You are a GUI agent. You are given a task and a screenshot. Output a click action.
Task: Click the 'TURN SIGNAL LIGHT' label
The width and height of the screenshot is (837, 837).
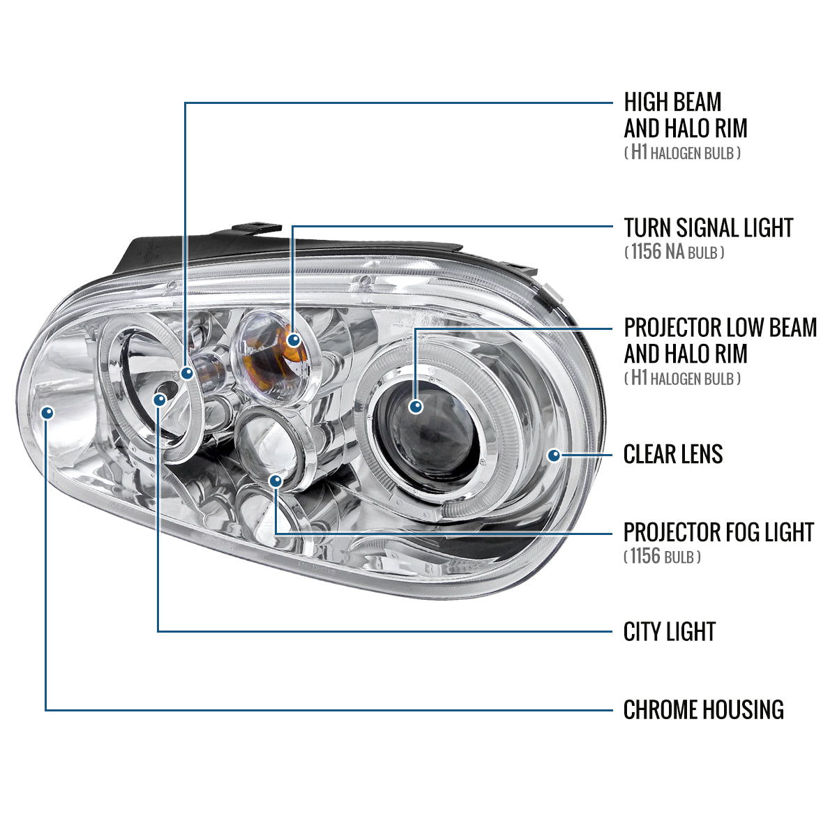point(708,228)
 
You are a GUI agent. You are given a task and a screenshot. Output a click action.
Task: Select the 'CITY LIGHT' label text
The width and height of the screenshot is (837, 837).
point(669,632)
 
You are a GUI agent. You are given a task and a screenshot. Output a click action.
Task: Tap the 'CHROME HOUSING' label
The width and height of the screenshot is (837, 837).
point(703,710)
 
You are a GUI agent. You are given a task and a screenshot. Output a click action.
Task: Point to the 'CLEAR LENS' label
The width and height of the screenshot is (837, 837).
point(672,455)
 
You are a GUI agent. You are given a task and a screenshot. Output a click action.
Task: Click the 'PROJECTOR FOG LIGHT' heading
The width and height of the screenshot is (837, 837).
point(718,532)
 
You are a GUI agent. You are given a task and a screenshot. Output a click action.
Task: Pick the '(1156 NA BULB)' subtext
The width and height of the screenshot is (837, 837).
point(674,252)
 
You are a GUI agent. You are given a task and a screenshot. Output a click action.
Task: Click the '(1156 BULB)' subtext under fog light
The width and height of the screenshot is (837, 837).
point(662,557)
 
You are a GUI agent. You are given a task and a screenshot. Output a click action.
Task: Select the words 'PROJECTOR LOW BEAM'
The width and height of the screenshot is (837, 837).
point(720,328)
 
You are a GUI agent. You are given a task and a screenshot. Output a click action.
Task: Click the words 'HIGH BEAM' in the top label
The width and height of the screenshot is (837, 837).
point(672,103)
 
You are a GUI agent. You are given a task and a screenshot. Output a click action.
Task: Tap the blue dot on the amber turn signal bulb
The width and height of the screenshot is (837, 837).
point(294,340)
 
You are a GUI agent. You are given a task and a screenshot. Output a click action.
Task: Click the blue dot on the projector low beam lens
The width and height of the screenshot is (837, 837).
point(416,406)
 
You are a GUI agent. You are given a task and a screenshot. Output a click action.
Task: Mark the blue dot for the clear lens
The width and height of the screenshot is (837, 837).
point(554,455)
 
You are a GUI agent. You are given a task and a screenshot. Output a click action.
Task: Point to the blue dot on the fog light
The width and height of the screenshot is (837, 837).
point(276,481)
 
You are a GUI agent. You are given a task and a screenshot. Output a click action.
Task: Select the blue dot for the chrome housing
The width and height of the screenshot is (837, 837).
point(47,413)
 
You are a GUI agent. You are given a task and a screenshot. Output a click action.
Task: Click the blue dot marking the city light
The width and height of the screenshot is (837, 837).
point(160,399)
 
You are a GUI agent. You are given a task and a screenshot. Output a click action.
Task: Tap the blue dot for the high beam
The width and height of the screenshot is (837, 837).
point(186,373)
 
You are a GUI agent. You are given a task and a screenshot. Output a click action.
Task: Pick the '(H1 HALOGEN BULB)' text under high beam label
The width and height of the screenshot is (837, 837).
point(682,153)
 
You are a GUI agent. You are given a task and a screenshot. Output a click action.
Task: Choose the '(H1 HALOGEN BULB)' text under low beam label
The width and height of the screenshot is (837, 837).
point(682,379)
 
